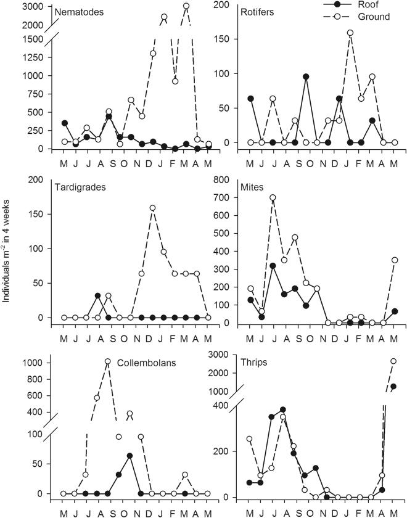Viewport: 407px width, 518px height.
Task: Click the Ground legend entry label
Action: [372, 17]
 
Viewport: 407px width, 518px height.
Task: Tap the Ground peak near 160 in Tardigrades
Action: [152, 208]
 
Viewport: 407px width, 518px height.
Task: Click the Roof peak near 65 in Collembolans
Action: [130, 456]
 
